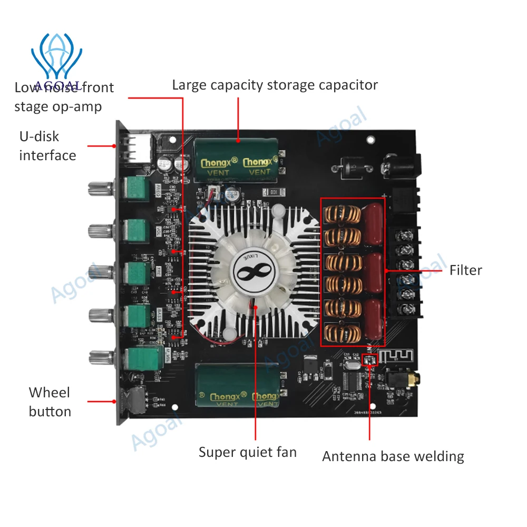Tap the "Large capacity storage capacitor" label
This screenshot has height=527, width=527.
pos(275,85)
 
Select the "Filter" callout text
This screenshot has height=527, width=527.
pos(465,270)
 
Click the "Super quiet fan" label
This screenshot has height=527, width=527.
pos(247,452)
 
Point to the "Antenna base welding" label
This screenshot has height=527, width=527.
pos(393,456)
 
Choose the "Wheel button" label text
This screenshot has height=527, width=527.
pos(50,402)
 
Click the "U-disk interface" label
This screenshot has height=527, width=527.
pos(47,146)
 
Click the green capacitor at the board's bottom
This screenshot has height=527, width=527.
pos(238,389)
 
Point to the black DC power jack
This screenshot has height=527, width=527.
pos(403,164)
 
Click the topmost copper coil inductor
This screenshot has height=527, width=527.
pos(342,214)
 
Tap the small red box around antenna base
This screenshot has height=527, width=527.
pos(370,360)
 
